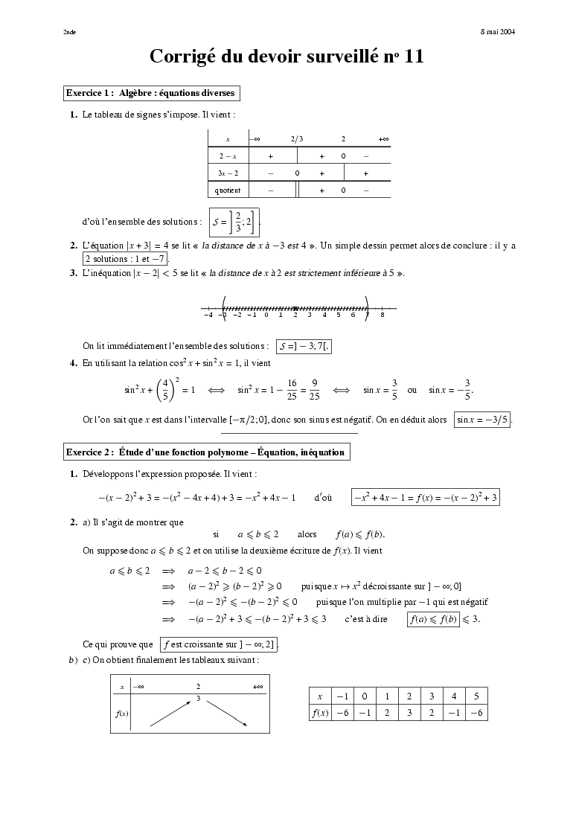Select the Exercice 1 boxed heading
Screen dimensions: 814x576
pyautogui.click(x=152, y=94)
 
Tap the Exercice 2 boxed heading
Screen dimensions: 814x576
pyautogui.click(x=205, y=452)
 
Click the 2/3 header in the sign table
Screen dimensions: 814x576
pyautogui.click(x=297, y=139)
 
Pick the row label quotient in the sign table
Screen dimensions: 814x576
pyautogui.click(x=227, y=190)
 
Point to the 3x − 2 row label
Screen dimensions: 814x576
pyautogui.click(x=227, y=173)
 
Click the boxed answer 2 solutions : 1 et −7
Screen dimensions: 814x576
pyautogui.click(x=125, y=259)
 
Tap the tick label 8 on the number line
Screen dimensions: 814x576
pyautogui.click(x=383, y=315)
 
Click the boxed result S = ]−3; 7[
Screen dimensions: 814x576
pyautogui.click(x=304, y=346)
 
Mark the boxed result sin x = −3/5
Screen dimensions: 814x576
pyautogui.click(x=483, y=420)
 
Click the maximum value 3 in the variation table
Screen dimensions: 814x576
pyautogui.click(x=199, y=699)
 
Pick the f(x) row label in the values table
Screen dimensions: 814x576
pyautogui.click(x=320, y=713)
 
